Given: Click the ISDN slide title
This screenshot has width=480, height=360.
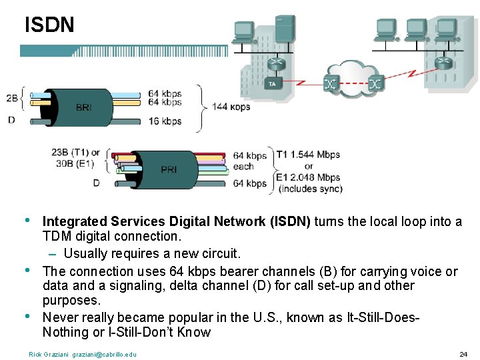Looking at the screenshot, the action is coord(49,25).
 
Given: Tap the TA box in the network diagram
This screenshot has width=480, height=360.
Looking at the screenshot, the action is coord(272,84).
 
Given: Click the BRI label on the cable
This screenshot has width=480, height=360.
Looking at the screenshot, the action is coord(84,107).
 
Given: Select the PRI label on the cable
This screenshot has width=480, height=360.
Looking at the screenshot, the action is coord(169,169).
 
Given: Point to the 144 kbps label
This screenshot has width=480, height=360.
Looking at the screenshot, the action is coord(231,107).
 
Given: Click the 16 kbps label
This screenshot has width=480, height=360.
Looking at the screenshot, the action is coord(165,121).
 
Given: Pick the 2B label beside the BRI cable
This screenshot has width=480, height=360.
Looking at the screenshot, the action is coord(12,98).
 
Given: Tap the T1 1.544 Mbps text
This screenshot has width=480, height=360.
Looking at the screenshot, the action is coord(308,154).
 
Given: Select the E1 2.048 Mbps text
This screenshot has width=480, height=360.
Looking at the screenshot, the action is coord(308,177).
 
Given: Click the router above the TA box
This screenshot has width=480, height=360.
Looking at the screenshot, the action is coord(273,64).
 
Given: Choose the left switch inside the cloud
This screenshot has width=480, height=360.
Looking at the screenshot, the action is coord(330,84).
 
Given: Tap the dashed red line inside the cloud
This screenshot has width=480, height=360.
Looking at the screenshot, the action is coord(353,84).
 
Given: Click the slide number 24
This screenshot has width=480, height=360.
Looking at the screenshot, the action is coord(464,354).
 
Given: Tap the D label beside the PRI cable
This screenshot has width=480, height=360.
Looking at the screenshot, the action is coord(97,183).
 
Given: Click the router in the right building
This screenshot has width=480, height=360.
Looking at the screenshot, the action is coord(443,62).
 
